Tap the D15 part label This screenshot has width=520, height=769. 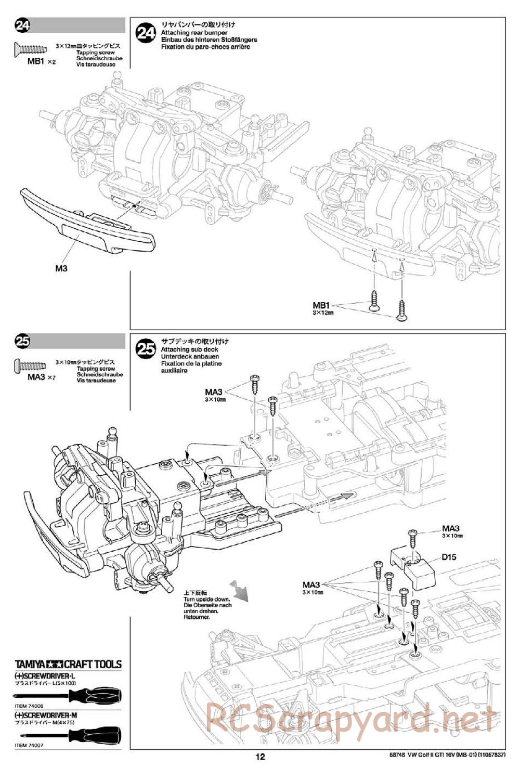point(448,557)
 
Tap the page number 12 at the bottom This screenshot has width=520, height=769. point(261,758)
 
